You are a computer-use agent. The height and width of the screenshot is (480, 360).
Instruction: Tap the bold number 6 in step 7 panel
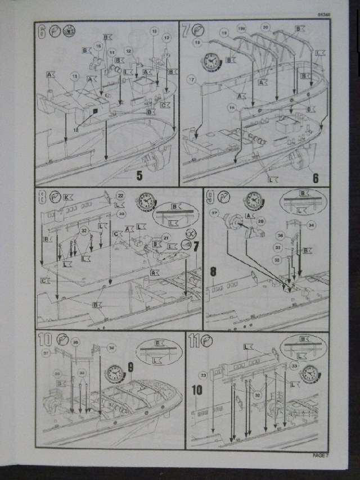click(x=316, y=177)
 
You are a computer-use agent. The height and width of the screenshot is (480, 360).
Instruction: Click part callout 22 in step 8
click(x=120, y=195)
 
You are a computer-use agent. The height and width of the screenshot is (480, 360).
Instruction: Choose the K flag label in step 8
click(x=66, y=198)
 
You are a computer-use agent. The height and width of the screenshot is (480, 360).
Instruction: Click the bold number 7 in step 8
click(x=196, y=246)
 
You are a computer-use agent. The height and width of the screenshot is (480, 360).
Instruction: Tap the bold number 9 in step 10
click(x=130, y=366)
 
